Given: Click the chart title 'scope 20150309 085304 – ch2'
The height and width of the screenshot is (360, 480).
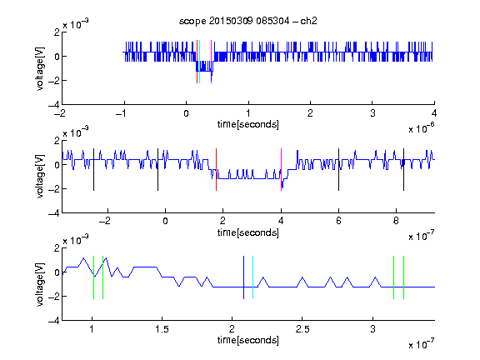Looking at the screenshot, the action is [x=248, y=21].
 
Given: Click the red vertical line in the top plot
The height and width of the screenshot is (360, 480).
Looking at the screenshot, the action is [x=197, y=62].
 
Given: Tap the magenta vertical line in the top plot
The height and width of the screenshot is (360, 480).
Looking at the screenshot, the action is [x=211, y=62].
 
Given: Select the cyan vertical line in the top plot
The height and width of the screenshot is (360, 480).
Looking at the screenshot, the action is [x=200, y=62].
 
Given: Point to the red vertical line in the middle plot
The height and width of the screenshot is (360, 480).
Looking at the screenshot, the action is [x=216, y=170].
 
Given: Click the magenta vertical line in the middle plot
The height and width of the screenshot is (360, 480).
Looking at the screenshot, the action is [x=281, y=170].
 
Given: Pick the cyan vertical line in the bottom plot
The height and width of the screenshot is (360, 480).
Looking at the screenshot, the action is [x=252, y=277].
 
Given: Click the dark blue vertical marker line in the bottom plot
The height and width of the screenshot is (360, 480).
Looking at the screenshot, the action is [x=243, y=277].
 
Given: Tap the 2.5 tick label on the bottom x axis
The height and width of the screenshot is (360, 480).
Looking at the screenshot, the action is [x=302, y=329].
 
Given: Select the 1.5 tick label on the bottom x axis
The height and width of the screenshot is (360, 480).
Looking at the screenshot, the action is [x=162, y=329].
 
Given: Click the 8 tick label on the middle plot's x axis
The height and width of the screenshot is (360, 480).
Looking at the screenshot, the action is [x=396, y=221].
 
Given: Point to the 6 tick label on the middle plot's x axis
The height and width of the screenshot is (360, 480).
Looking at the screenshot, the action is [x=338, y=221].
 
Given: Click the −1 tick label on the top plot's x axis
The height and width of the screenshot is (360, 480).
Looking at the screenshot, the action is [x=121, y=113].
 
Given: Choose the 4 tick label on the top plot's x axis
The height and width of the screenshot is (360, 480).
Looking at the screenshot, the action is [x=434, y=113].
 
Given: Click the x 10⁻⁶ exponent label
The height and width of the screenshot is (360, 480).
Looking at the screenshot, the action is [x=422, y=128].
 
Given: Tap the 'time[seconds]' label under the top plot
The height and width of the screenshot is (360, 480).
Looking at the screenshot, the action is [x=248, y=124].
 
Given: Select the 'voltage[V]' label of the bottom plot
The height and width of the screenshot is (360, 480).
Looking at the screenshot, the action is [x=40, y=284].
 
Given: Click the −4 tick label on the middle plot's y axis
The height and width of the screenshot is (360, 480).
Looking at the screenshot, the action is [x=54, y=213].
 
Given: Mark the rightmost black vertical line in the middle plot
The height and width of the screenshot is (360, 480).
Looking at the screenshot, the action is [x=403, y=170].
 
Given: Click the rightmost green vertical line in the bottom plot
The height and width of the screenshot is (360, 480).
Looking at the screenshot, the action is [x=404, y=277].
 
